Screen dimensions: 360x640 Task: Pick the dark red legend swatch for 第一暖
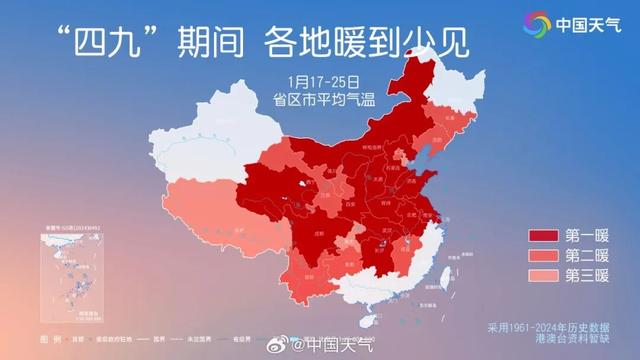[x=544, y=237]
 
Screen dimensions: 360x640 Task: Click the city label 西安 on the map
[x=349, y=201]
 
